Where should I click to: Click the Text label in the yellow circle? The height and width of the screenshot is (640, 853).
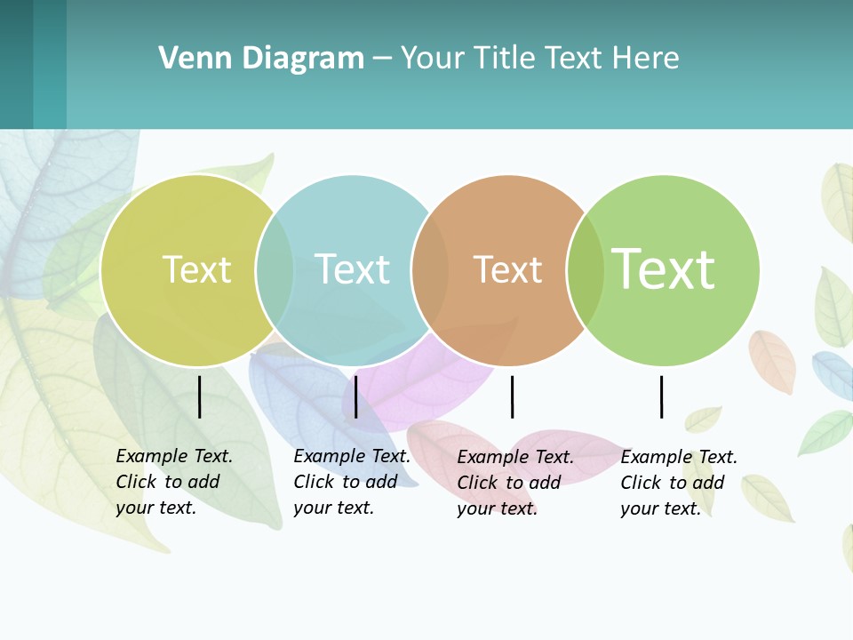point(196,269)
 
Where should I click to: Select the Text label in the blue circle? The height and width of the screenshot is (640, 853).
point(352,269)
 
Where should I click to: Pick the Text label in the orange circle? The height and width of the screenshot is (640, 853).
point(507,269)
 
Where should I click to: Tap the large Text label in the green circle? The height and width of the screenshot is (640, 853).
point(663,269)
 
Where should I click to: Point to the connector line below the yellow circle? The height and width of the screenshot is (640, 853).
point(200,396)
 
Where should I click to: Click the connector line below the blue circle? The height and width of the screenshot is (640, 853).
point(355,396)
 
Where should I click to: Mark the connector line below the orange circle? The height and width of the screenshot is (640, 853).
point(512,396)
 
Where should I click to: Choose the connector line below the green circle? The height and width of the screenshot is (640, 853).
point(661,396)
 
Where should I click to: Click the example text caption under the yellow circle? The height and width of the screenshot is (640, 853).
point(173,482)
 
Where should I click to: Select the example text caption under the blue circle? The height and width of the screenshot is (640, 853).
point(351,482)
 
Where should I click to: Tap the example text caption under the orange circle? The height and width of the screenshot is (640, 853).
point(514,483)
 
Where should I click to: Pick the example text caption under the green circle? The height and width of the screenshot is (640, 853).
point(678,483)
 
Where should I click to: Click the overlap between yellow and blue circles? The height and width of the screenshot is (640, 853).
point(275,270)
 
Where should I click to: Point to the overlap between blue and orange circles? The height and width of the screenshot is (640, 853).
point(430,270)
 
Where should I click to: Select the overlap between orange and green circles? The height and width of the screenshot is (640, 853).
point(585,270)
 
